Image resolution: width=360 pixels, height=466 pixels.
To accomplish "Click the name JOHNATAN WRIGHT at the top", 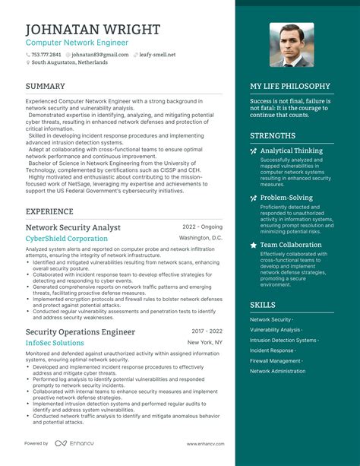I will click(93, 29).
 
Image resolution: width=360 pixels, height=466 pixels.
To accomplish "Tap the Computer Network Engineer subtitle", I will click(77, 43).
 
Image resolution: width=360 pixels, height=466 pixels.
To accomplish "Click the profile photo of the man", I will click(291, 45).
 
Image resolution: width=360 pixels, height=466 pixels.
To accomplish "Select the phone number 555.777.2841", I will click(46, 55).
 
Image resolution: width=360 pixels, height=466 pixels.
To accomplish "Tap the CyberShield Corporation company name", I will click(67, 239).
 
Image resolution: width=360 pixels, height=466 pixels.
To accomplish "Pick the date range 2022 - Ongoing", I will click(202, 227).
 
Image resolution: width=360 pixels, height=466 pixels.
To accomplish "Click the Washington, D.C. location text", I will click(201, 239).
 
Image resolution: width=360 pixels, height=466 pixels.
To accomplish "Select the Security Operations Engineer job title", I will click(81, 332).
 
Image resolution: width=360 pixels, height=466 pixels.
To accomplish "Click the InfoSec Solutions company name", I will click(55, 344).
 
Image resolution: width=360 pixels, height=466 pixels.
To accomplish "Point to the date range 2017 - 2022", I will click(207, 332).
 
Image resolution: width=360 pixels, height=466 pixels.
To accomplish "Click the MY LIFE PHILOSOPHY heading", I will click(290, 87).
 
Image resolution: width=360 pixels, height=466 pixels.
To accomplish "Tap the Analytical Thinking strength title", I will click(292, 151).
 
